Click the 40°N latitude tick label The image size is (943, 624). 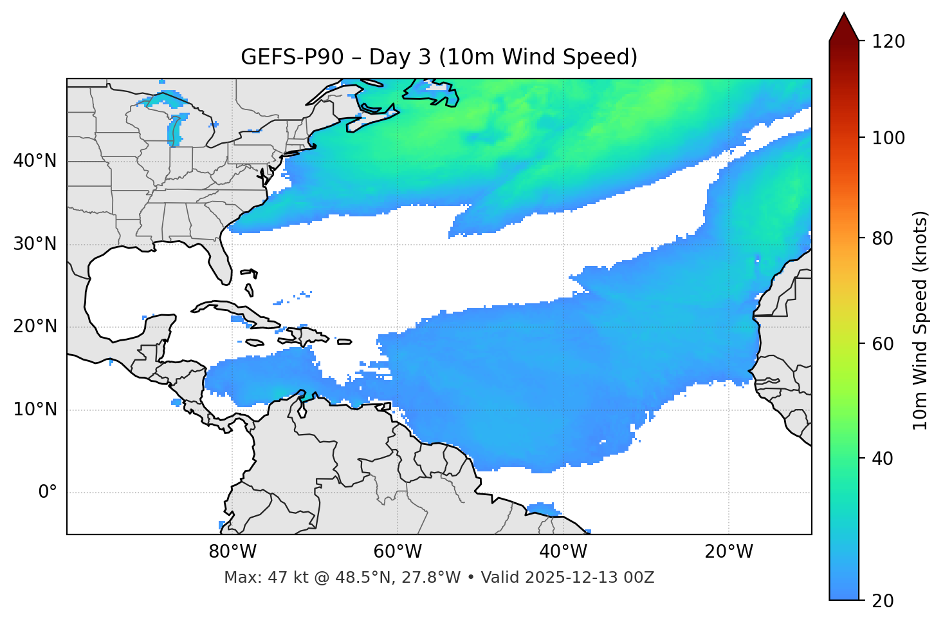coord(35,161)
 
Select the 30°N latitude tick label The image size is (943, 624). coord(35,244)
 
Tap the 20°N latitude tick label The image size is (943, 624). coord(35,326)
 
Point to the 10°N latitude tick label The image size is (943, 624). coord(35,410)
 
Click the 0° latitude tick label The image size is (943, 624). coord(48,493)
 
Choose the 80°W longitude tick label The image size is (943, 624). coord(232,552)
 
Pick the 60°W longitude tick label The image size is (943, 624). coord(398,552)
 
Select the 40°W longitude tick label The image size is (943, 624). coord(563,552)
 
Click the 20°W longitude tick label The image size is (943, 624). coord(728,552)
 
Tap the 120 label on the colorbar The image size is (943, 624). coord(888,42)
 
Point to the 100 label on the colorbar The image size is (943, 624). coord(888,138)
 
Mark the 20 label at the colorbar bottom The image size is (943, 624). coord(883,601)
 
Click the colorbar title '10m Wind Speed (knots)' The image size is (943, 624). coord(920,320)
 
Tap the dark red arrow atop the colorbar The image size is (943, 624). coord(844,28)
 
